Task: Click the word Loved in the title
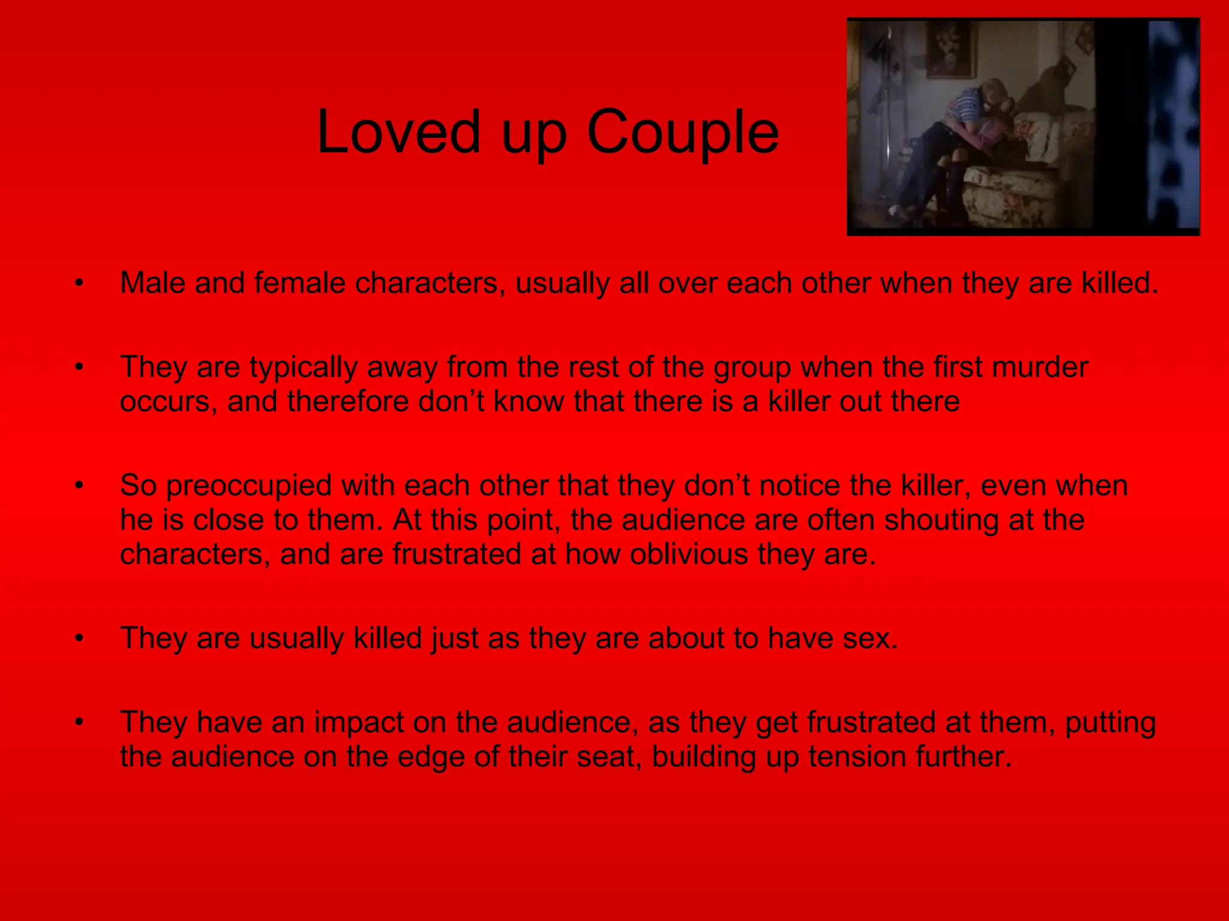[x=398, y=132]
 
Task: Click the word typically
[x=303, y=368]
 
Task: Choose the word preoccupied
[x=248, y=486]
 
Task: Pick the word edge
[x=431, y=757]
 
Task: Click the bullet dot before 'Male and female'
[x=79, y=282]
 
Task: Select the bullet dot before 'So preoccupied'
[x=79, y=485]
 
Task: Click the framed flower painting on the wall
[x=951, y=50]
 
